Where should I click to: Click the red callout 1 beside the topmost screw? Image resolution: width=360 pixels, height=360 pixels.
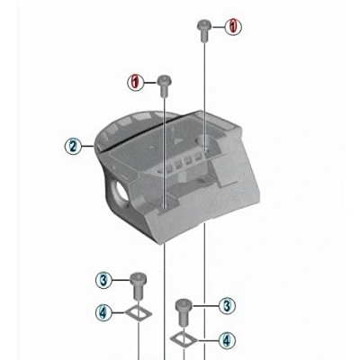pyautogui.click(x=233, y=27)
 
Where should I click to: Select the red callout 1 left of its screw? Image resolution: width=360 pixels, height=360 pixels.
pyautogui.click(x=136, y=82)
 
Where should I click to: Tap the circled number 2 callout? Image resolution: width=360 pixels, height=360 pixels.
pyautogui.click(x=73, y=146)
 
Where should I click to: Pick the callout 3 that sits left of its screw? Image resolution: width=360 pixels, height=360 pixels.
pyautogui.click(x=103, y=281)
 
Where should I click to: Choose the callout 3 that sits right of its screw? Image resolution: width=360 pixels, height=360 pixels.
pyautogui.click(x=227, y=306)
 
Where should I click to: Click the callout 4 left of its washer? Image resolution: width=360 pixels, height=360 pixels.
pyautogui.click(x=103, y=313)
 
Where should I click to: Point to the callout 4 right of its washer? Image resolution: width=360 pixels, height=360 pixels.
pyautogui.click(x=227, y=340)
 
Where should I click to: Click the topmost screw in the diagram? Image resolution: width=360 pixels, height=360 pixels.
pyautogui.click(x=204, y=31)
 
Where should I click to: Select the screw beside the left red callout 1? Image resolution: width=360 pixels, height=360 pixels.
pyautogui.click(x=165, y=85)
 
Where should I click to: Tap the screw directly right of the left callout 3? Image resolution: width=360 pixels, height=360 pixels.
pyautogui.click(x=139, y=285)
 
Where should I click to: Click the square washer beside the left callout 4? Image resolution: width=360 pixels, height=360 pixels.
pyautogui.click(x=139, y=313)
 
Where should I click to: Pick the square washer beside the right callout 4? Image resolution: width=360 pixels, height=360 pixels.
pyautogui.click(x=184, y=339)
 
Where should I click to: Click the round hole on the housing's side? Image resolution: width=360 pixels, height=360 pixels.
pyautogui.click(x=121, y=191)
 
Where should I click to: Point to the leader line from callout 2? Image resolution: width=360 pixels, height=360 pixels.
pyautogui.click(x=87, y=146)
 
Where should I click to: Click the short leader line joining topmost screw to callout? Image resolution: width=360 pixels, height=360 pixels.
pyautogui.click(x=219, y=27)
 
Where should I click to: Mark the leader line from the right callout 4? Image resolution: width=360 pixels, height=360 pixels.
pyautogui.click(x=207, y=340)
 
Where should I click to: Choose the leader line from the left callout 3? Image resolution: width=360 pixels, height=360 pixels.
pyautogui.click(x=121, y=281)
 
